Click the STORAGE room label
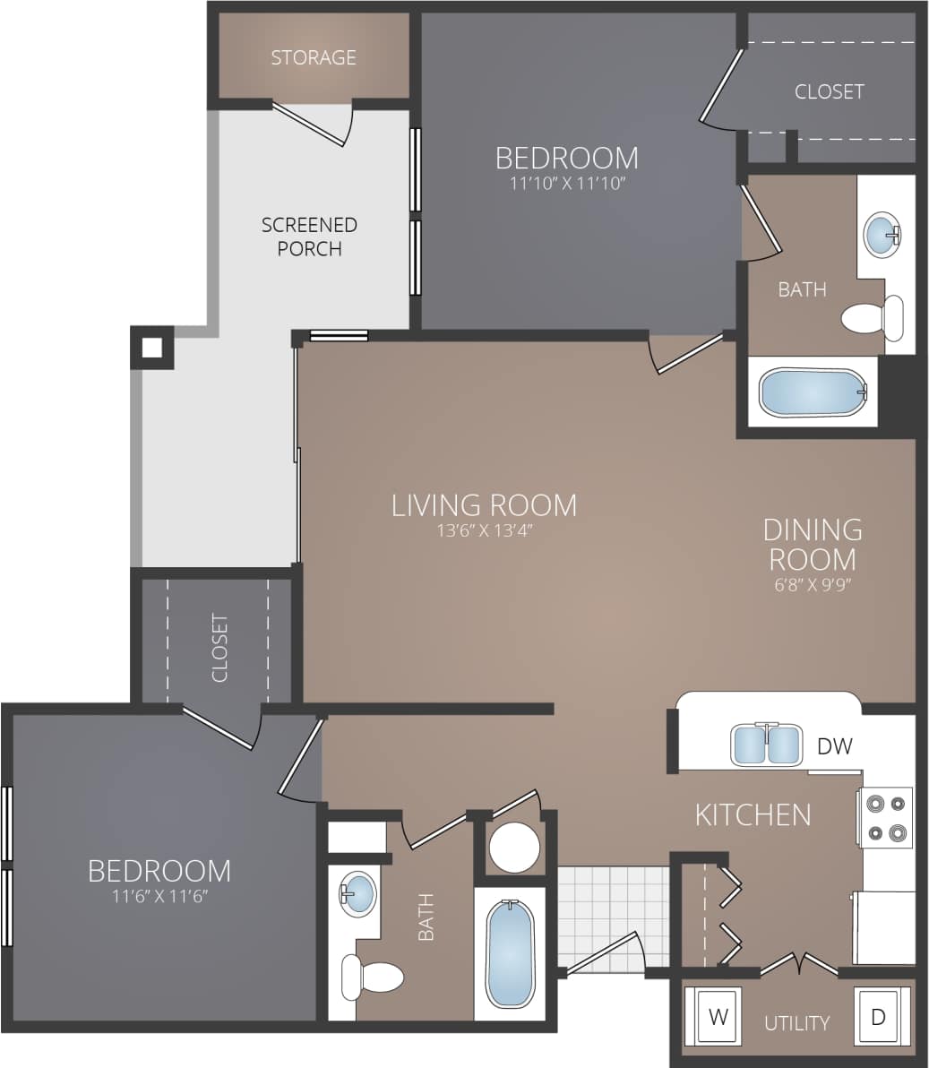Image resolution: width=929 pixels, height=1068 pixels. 314,57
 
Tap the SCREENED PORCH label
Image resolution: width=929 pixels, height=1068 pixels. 309,237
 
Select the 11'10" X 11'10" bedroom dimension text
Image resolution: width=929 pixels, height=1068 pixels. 567,184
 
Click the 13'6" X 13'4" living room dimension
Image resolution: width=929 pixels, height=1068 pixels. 484,530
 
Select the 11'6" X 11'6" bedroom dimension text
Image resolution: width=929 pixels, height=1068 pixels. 159,896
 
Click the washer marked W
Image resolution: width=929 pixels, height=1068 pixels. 718,1017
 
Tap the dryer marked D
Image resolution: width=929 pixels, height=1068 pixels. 878,1017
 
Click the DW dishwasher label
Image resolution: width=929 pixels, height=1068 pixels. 834,745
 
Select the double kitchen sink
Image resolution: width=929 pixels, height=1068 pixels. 766,745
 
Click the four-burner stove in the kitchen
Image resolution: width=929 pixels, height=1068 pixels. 885,817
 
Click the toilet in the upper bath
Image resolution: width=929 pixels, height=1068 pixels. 872,318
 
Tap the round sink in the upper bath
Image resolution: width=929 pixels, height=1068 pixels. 882,235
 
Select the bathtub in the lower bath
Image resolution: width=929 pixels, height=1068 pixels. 510,953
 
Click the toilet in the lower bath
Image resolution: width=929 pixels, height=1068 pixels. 374,977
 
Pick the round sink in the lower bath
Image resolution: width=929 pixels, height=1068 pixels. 359,893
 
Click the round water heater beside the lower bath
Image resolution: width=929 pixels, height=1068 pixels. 514,847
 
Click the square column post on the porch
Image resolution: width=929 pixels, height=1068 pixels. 152,348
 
